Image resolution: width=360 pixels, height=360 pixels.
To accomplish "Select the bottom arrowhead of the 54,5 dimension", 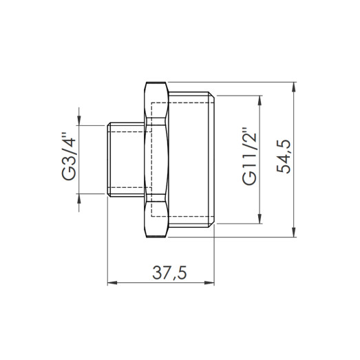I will click(x=295, y=233).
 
